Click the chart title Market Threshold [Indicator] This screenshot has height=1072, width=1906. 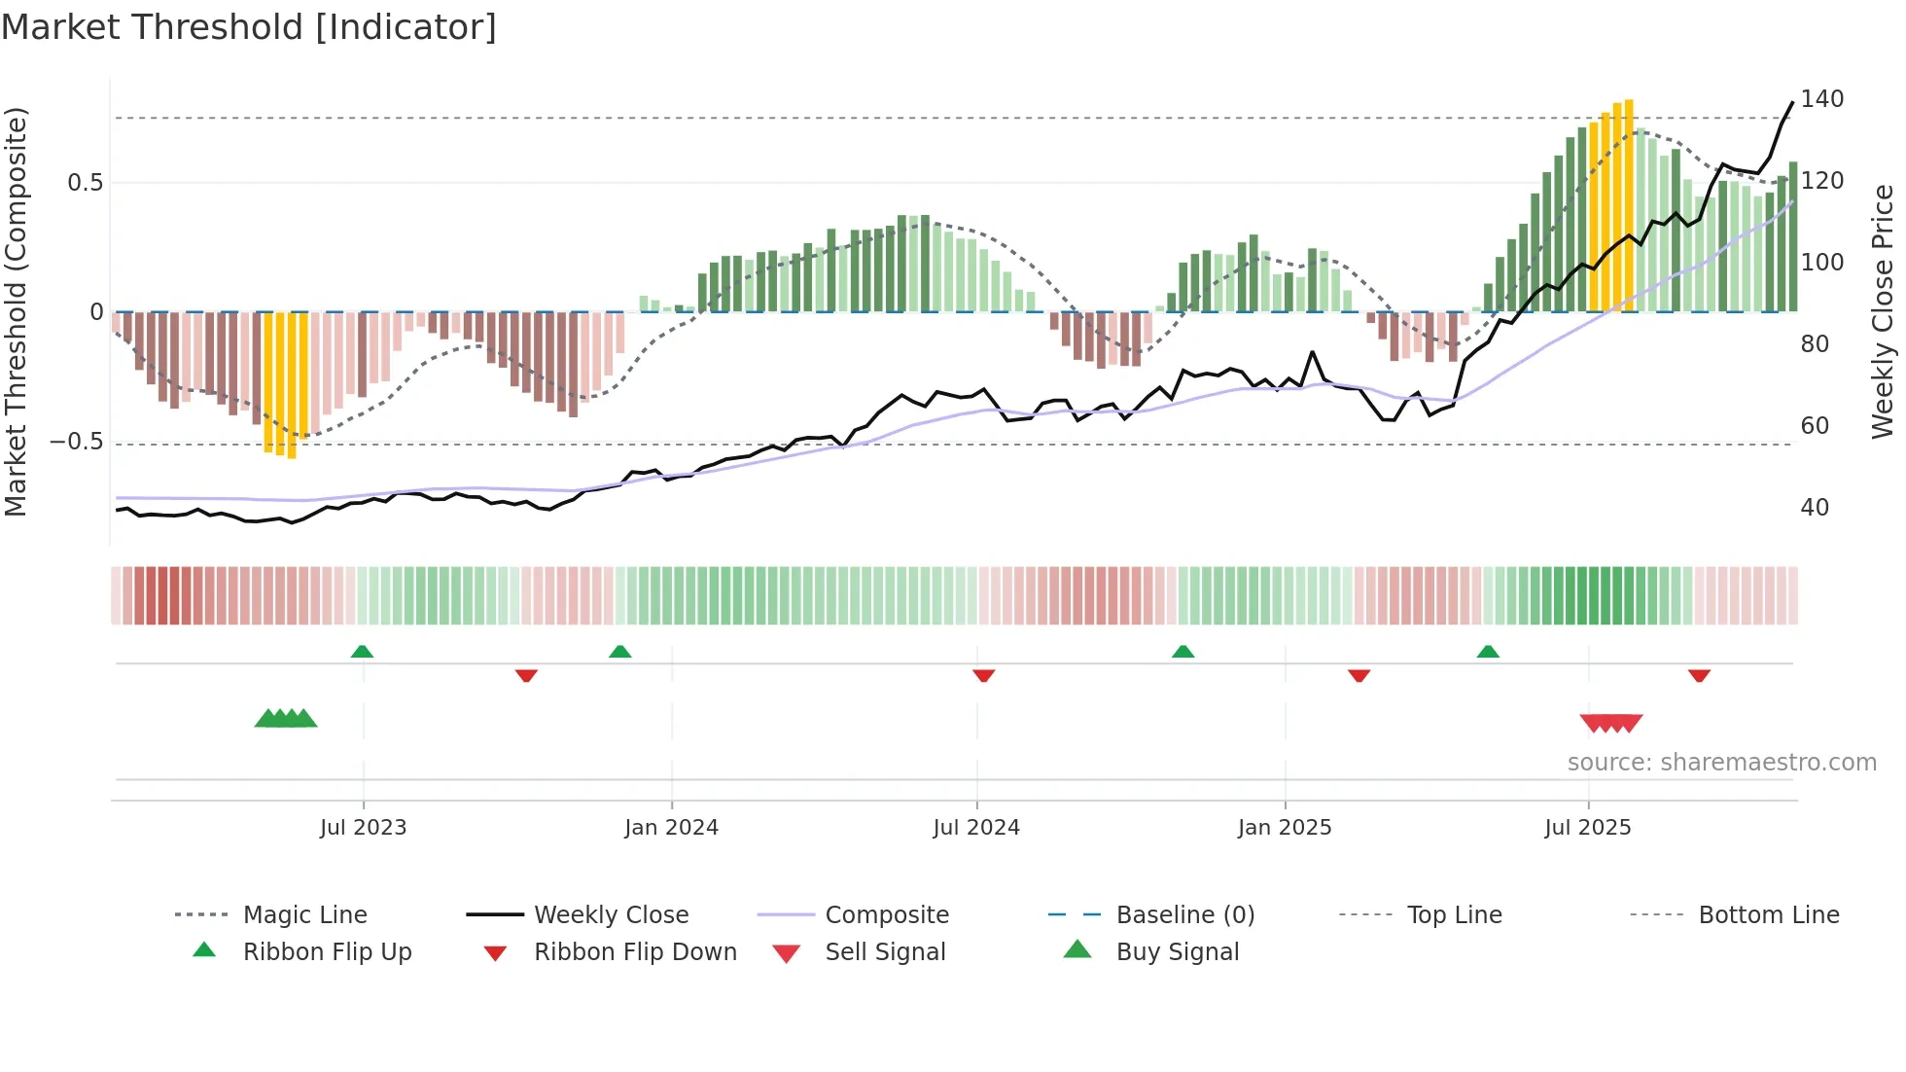249,27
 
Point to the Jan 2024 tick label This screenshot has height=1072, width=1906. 671,828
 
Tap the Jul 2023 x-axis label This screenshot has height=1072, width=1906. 363,828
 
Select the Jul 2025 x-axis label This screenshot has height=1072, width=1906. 1587,828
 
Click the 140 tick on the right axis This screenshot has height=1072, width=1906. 1821,99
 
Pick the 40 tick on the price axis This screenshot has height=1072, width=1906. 1815,508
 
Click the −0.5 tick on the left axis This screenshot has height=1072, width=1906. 77,442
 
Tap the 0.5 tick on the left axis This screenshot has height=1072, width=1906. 85,183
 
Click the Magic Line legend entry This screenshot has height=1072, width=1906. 304,915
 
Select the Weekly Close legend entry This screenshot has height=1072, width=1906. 611,915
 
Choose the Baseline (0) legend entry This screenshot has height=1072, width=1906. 1184,915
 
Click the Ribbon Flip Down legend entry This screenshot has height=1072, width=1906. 634,952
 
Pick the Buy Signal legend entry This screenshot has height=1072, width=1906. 1177,952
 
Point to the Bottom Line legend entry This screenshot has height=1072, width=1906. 1768,915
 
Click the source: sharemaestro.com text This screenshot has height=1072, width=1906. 1721,763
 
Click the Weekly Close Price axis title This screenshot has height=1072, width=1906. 1883,311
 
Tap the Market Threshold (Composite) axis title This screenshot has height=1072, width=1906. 16,311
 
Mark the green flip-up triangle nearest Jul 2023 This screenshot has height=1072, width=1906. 362,651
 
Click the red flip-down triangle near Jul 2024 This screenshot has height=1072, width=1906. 983,675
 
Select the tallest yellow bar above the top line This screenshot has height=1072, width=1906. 1629,204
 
